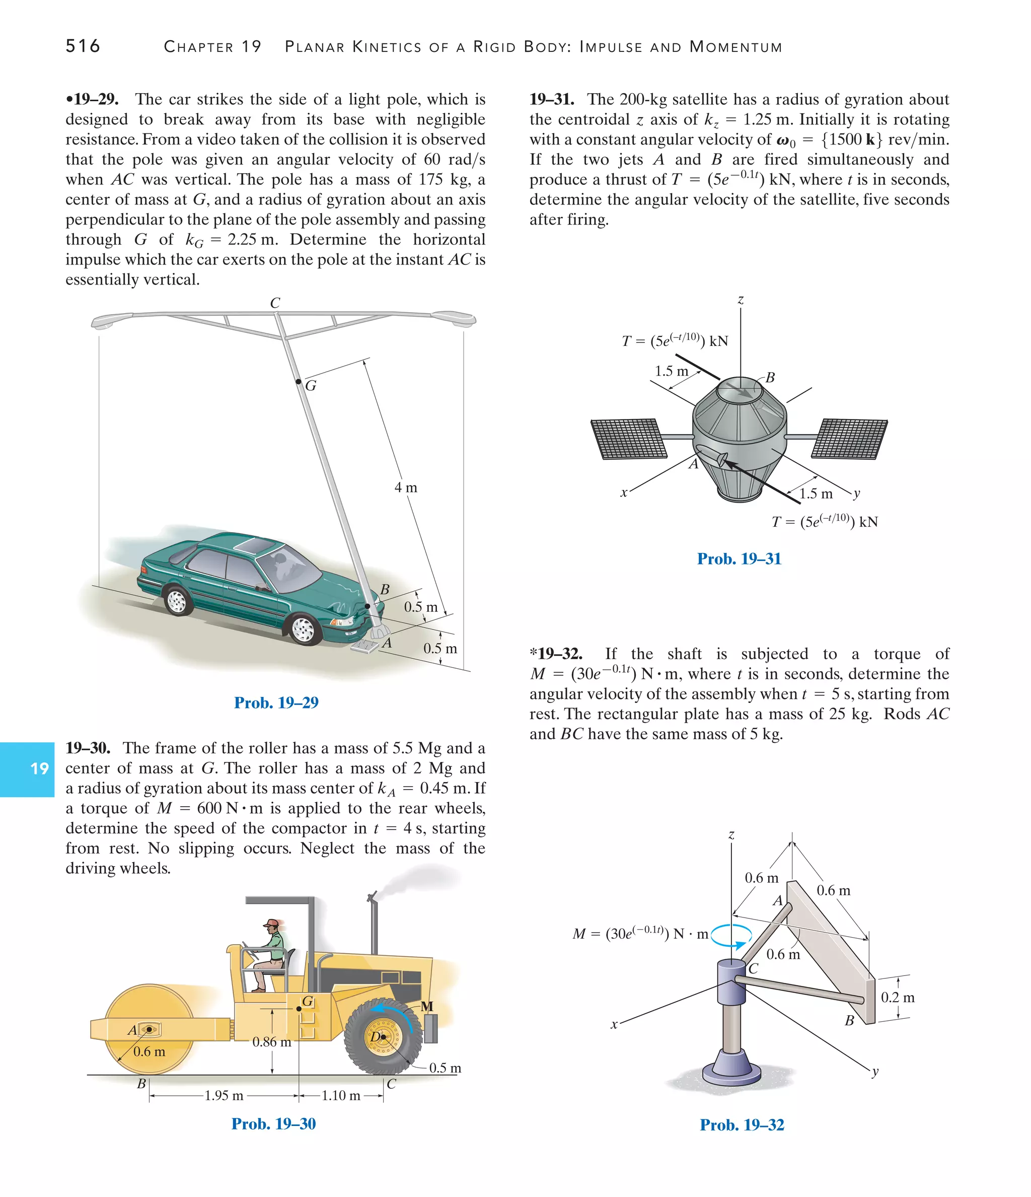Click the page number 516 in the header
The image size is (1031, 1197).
point(83,46)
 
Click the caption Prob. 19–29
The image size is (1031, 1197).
point(276,702)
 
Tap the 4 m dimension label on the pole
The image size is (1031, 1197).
point(405,487)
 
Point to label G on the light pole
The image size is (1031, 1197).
point(311,386)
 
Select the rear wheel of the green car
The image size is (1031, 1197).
point(177,601)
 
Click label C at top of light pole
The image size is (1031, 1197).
point(275,303)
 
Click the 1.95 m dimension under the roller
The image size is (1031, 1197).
point(224,1095)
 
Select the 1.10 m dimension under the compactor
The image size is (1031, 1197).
point(341,1095)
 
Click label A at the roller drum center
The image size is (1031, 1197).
point(132,1030)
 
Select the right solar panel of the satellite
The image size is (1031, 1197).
point(850,439)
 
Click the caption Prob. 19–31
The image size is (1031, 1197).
point(739,558)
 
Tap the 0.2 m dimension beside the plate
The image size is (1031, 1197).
point(898,997)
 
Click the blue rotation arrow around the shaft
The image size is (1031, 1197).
point(732,935)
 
